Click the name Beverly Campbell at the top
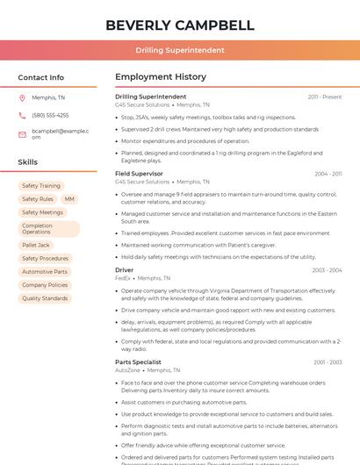pos(180,25)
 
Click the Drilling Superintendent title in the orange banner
pos(180,50)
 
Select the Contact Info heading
pos(41,77)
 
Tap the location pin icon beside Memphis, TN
pos(22,97)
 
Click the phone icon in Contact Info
pos(22,115)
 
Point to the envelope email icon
pos(22,134)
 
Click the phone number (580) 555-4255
pos(50,115)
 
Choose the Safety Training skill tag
pos(41,186)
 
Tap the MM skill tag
pos(69,199)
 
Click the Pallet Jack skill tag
pos(36,246)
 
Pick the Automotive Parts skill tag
pos(45,272)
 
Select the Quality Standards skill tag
pos(45,298)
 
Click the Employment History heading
pos(161,77)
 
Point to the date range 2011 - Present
pos(324,97)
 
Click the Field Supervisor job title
pos(139,174)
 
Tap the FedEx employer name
pos(122,277)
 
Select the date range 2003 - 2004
pos(327,270)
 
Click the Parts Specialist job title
pos(138,361)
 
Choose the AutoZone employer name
pos(127,369)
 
